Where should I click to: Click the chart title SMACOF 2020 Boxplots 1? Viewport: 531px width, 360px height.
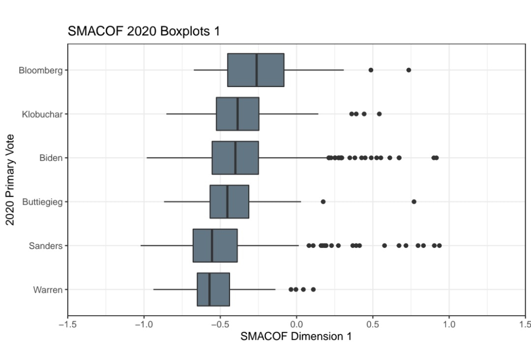pos(144,32)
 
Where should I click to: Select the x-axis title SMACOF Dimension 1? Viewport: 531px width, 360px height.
pos(296,337)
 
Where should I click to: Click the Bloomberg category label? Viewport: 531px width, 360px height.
pos(40,70)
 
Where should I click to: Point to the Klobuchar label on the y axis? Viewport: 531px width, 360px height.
pos(42,114)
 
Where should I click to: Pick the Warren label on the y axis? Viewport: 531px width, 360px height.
pos(48,290)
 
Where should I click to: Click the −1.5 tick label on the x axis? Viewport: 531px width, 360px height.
pos(67,325)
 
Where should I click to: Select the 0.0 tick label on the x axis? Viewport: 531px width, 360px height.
pos(296,325)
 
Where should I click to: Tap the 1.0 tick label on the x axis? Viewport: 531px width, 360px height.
pos(449,325)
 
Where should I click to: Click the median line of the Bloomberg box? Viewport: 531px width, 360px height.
pos(256,70)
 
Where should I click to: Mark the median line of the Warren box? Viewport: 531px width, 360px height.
pos(209,289)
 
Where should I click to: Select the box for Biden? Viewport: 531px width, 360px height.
pos(235,158)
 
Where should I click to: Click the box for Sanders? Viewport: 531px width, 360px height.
pos(215,245)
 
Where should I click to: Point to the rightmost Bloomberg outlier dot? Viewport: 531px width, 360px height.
pos(409,70)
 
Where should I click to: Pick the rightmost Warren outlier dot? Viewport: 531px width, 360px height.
pos(313,289)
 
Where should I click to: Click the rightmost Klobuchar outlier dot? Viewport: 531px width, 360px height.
pos(379,114)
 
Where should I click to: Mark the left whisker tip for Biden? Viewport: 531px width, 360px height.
pos(147,158)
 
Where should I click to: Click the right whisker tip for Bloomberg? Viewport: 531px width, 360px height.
pos(344,70)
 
